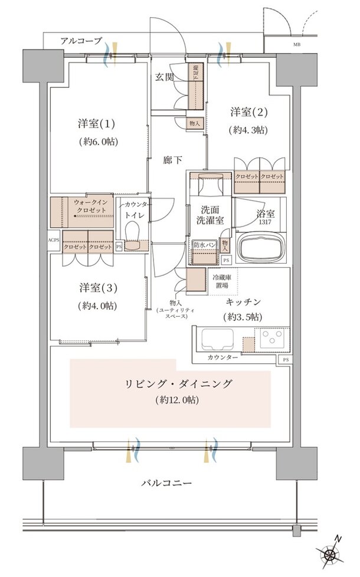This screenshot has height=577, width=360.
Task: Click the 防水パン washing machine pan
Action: tap(204, 255)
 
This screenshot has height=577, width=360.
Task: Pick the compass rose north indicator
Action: tap(329, 554)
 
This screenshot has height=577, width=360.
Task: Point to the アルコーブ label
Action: tap(81, 41)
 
